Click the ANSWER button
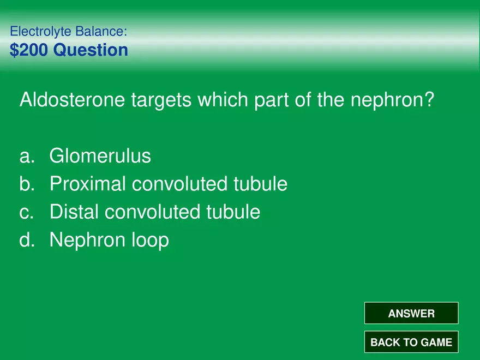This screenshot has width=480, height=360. coord(411,313)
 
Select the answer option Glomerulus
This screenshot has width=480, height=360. coord(100,155)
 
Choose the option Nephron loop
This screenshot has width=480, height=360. coord(109,239)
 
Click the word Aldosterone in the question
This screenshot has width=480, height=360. coord(72,99)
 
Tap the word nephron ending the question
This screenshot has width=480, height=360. coord(392,100)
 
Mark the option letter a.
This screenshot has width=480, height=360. coord(27,156)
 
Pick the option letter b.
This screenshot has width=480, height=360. coord(27,184)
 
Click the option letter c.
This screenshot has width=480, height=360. coord(26,212)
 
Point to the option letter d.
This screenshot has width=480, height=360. coord(27,239)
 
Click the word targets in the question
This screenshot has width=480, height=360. coord(161,100)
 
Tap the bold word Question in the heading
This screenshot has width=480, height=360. coord(91,50)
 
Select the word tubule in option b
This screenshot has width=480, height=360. coord(261,184)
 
